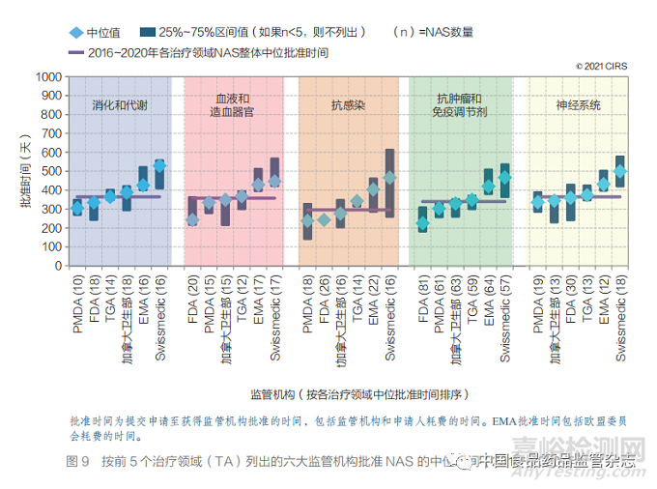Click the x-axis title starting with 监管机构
[358, 394]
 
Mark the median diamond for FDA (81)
[422, 223]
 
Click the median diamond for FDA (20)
[192, 219]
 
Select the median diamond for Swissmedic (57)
[504, 177]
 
